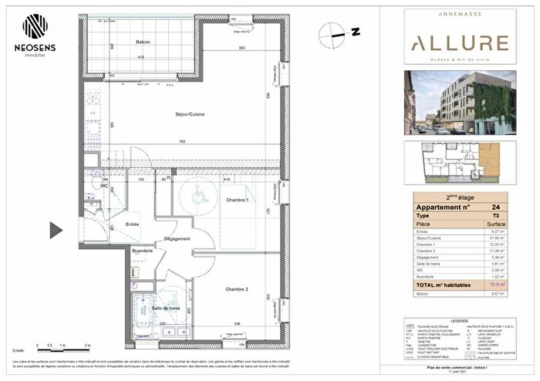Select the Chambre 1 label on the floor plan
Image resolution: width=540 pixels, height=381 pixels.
coord(236,201)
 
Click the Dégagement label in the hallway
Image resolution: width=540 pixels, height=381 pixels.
coord(177,239)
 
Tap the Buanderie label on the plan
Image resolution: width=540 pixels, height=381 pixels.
coord(143,251)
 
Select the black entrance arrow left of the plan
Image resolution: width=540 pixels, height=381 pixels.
coord(56,230)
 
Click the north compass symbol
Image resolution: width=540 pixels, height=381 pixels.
coord(333,32)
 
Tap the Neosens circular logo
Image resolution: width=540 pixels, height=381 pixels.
coord(35,25)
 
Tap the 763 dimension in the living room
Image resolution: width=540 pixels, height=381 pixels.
coord(181,141)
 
